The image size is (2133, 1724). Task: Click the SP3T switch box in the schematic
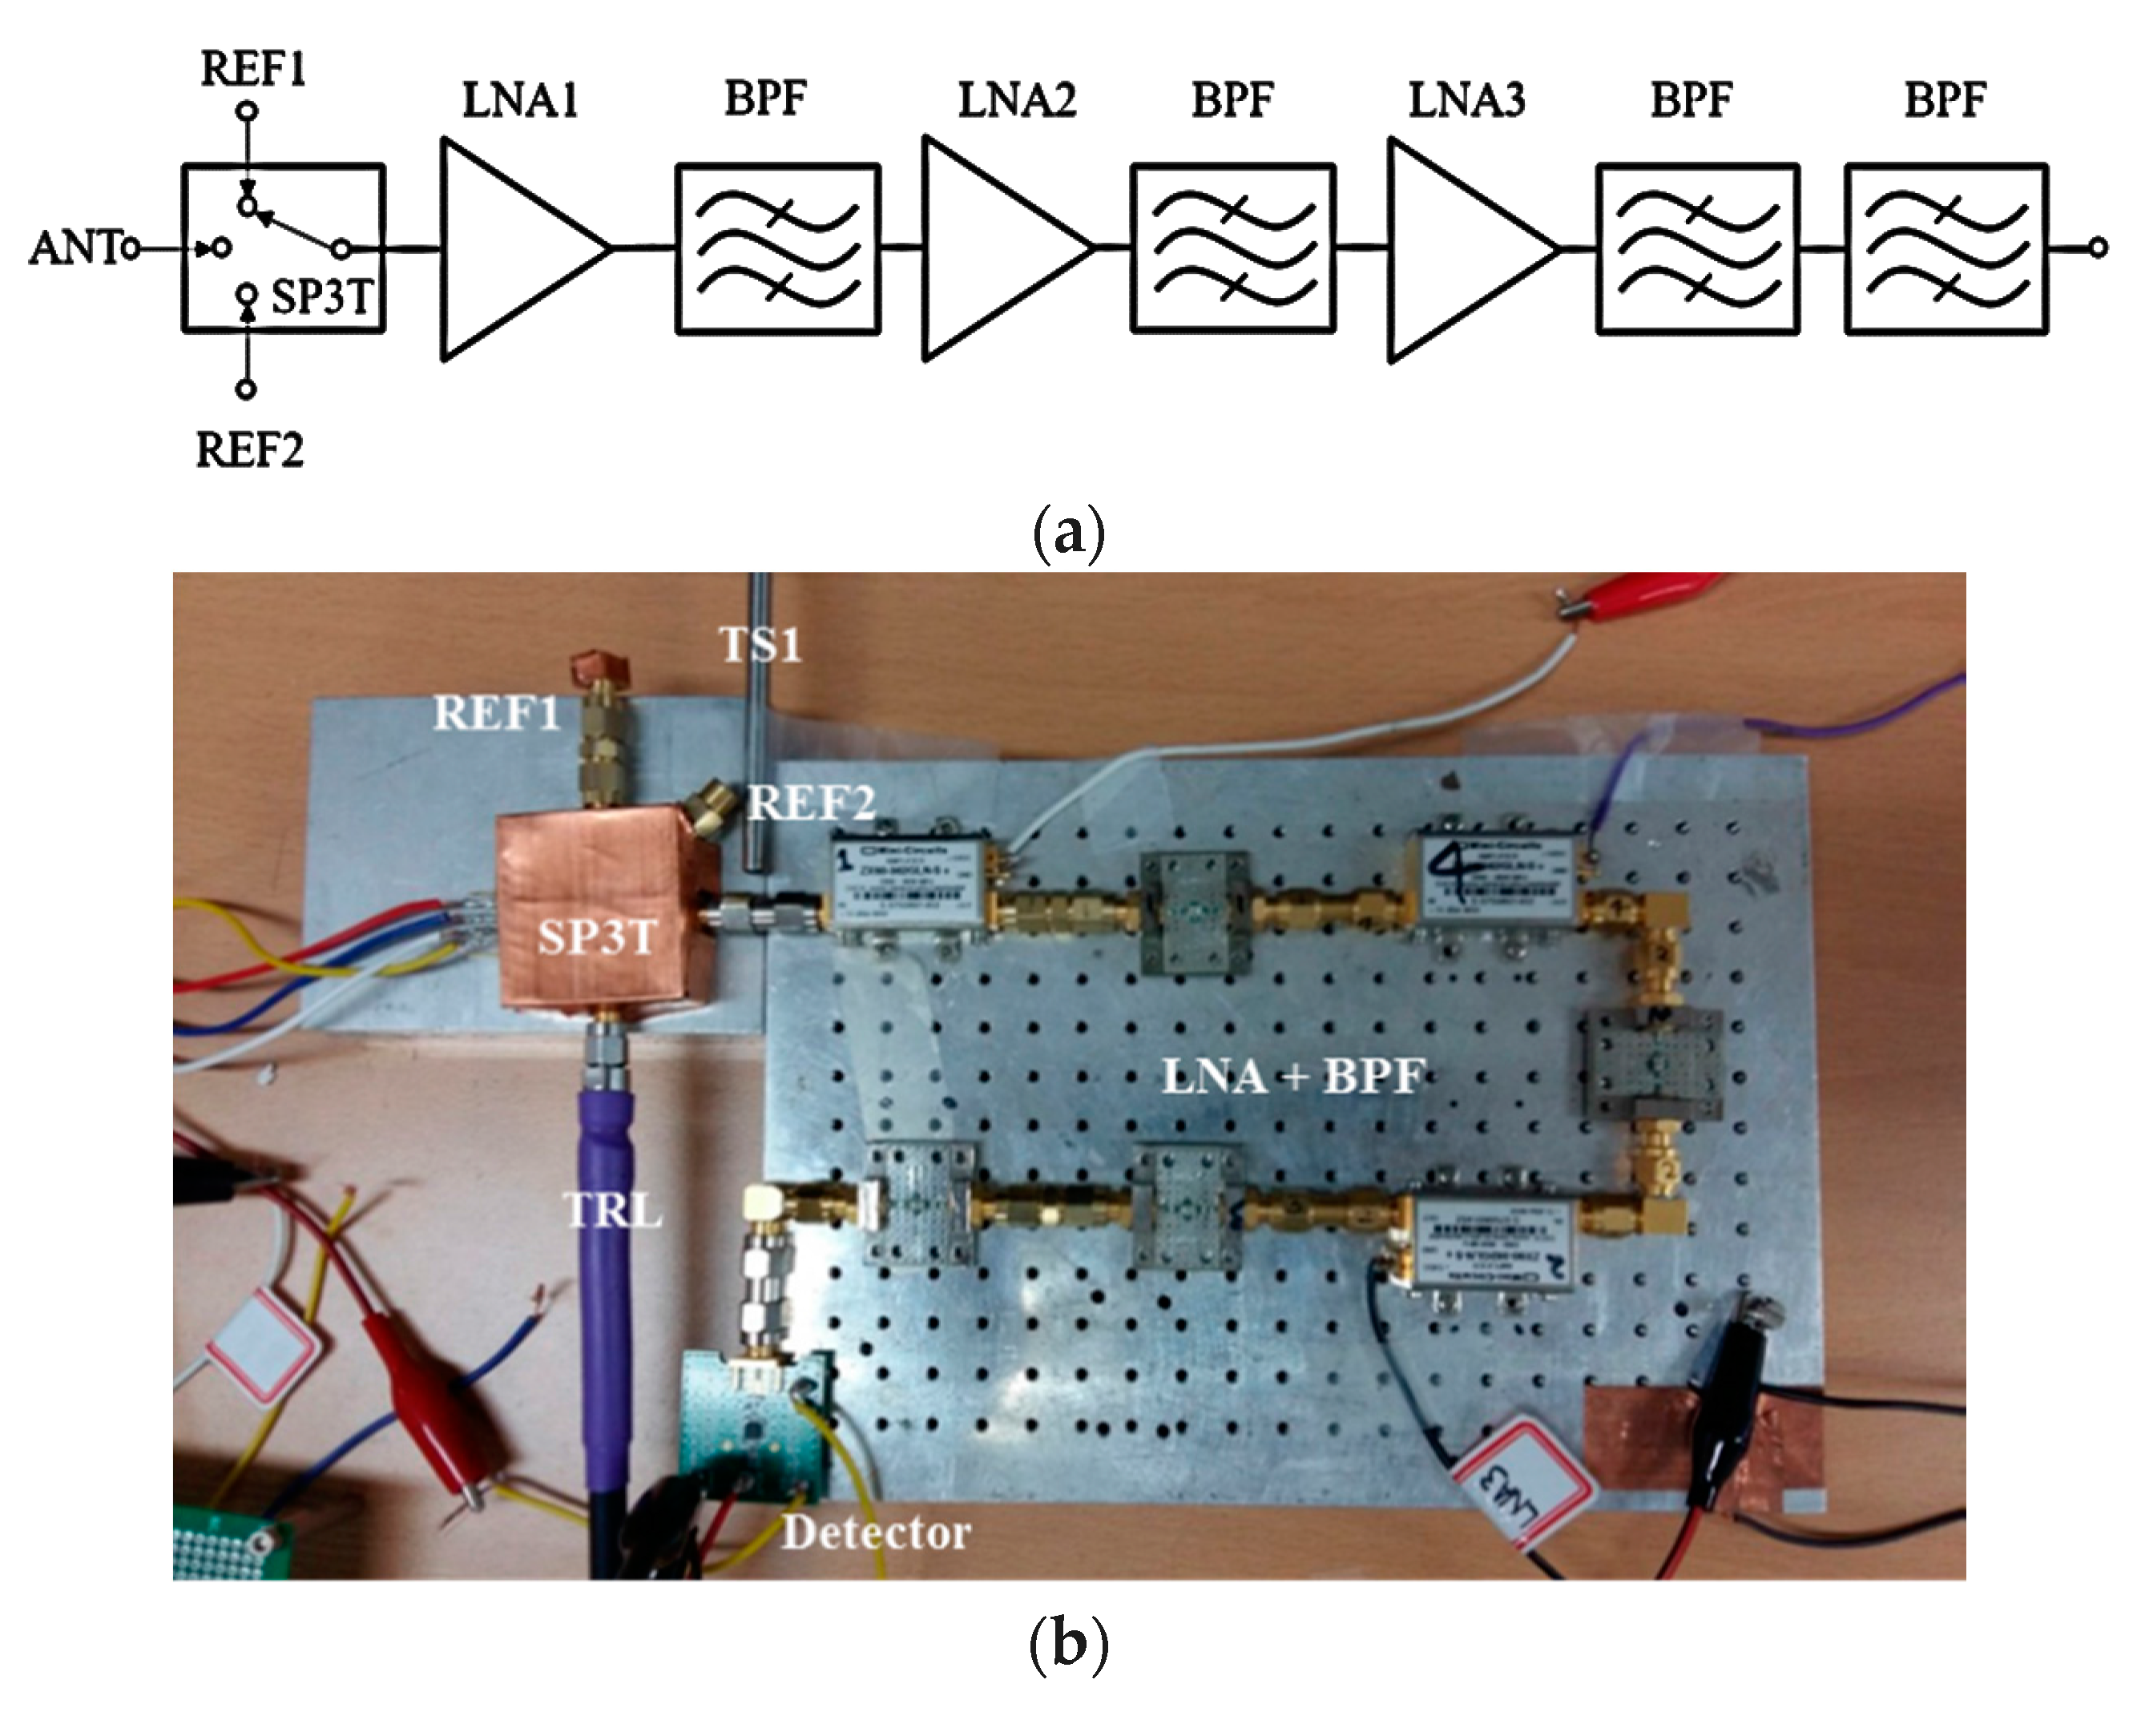[x=283, y=248]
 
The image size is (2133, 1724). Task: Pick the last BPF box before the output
[x=1946, y=248]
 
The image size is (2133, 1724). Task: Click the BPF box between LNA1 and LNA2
[x=777, y=248]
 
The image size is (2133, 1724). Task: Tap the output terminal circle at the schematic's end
[x=2096, y=248]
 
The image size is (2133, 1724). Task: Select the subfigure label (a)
[x=1067, y=534]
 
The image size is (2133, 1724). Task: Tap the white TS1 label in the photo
[x=760, y=646]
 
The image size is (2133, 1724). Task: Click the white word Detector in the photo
[x=876, y=1533]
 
